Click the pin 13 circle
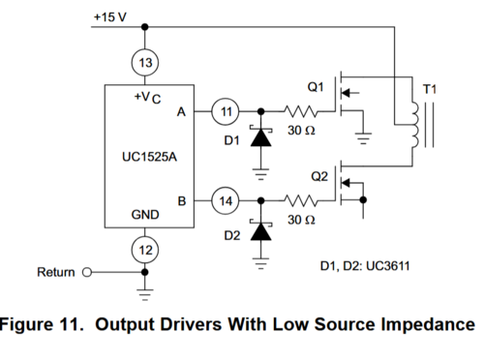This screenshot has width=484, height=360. pyautogui.click(x=145, y=61)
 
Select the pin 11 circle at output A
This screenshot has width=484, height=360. pyautogui.click(x=226, y=111)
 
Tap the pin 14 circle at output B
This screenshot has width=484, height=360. pyautogui.click(x=226, y=201)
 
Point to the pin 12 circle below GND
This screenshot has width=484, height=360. pyautogui.click(x=145, y=249)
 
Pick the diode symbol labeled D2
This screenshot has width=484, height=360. pyautogui.click(x=259, y=230)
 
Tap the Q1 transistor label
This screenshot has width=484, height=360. pyautogui.click(x=316, y=86)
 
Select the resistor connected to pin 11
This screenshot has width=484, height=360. pyautogui.click(x=299, y=111)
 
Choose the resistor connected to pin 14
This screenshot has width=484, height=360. pyautogui.click(x=299, y=201)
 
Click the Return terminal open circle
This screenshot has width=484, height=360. pyautogui.click(x=87, y=273)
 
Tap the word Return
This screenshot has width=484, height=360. pyautogui.click(x=55, y=273)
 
